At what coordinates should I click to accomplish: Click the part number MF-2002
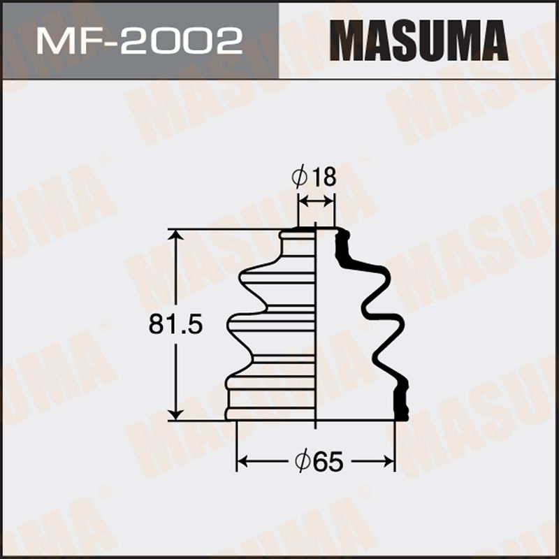[x=139, y=42]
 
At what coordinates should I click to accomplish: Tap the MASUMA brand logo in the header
[x=419, y=41]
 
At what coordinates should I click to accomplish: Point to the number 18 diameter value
[x=325, y=177]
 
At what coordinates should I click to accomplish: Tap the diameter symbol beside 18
[x=300, y=177]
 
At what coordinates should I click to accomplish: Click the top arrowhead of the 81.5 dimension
[x=175, y=235]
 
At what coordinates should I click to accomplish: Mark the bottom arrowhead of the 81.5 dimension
[x=175, y=414]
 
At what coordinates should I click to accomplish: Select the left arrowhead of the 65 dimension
[x=243, y=461]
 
